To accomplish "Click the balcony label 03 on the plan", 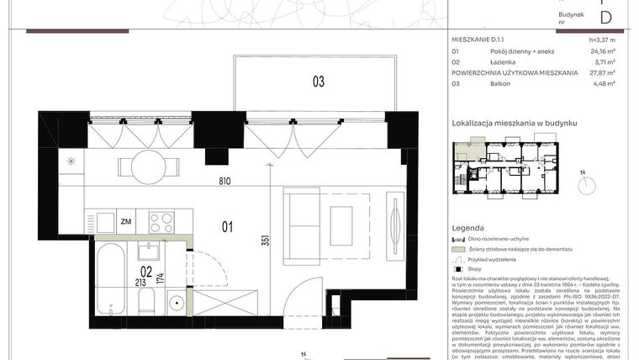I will pyautogui.click(x=319, y=82).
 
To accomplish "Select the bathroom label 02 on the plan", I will pyautogui.click(x=145, y=271).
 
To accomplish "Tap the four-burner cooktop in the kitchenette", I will pyautogui.click(x=161, y=221).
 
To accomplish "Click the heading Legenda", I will pyautogui.click(x=467, y=228).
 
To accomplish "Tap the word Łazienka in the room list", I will pyautogui.click(x=505, y=61).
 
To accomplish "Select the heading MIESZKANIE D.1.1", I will pyautogui.click(x=483, y=40).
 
